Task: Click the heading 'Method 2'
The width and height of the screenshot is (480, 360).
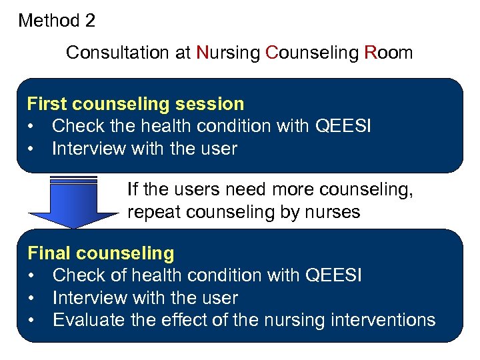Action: (x=57, y=21)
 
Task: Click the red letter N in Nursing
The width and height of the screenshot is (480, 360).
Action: (x=203, y=53)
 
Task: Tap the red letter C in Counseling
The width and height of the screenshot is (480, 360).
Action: (x=271, y=53)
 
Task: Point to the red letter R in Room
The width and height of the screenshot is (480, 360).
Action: (x=371, y=53)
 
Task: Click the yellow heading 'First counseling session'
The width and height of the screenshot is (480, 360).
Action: (x=135, y=104)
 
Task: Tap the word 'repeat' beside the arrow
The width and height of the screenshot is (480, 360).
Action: (x=147, y=213)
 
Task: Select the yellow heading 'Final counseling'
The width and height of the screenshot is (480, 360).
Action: (x=100, y=253)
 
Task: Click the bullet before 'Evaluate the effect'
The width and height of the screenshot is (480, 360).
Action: (x=31, y=321)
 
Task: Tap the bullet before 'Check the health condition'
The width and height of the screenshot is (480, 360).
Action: (x=31, y=127)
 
